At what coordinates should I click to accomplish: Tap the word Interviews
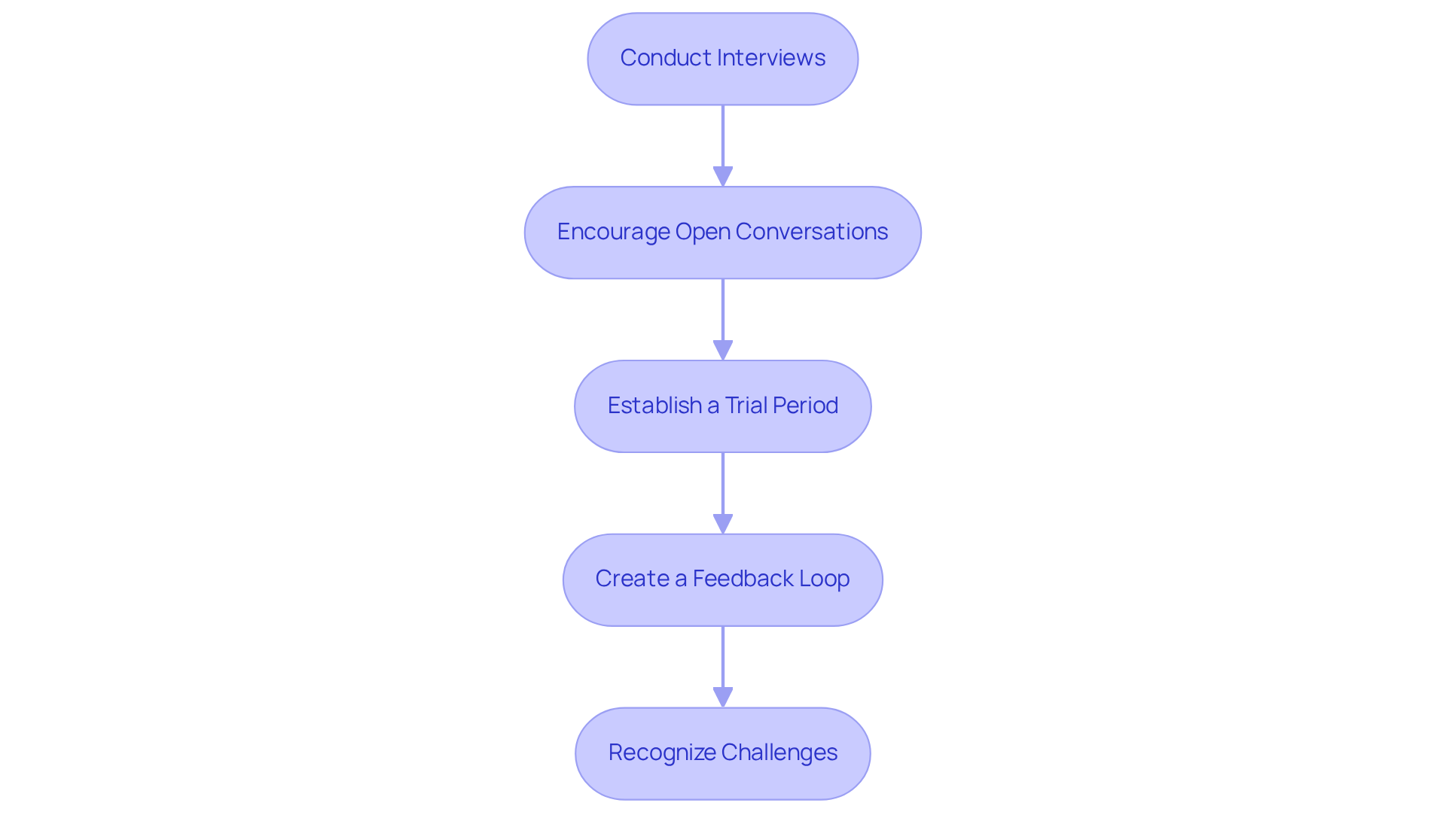(771, 58)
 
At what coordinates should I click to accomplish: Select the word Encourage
(613, 232)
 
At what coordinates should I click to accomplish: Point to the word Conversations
(811, 232)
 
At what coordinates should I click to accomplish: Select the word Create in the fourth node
(632, 579)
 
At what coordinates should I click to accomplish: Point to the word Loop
(825, 579)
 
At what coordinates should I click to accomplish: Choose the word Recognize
(662, 753)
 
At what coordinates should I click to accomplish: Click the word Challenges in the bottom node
(779, 753)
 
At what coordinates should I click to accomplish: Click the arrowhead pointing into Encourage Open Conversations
(723, 177)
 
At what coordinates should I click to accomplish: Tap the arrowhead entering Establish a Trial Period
(723, 351)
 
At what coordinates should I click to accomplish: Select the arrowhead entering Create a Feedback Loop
(723, 525)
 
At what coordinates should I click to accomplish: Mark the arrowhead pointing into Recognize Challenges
(723, 698)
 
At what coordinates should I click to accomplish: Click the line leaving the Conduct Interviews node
(723, 135)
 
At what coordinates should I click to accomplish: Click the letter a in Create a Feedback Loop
(681, 579)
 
